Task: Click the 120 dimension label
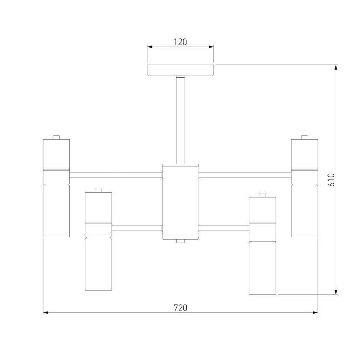[180, 42]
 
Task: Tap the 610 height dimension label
[332, 180]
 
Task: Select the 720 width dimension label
[180, 308]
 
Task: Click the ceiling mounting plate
[180, 70]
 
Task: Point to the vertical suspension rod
[180, 120]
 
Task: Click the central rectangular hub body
[180, 202]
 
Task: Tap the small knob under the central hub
[180, 241]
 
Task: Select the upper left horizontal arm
[116, 175]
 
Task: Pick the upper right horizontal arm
[245, 175]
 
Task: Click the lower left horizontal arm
[137, 228]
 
